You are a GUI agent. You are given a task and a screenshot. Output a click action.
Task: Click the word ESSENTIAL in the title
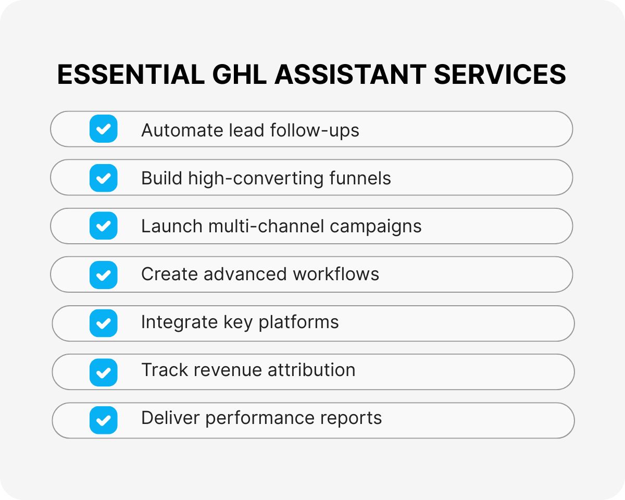(131, 74)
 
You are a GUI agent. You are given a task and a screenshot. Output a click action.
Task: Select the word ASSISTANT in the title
(349, 74)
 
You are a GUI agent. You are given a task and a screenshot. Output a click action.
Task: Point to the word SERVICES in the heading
(500, 74)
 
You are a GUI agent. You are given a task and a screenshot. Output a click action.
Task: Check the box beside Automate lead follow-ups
(103, 129)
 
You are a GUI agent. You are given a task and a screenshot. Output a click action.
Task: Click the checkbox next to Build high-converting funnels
(103, 178)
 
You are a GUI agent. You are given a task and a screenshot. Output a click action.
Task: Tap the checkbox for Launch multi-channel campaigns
(103, 226)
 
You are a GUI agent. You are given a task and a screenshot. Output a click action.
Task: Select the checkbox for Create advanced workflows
(103, 274)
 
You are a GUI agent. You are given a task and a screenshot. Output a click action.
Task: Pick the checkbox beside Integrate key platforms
(103, 323)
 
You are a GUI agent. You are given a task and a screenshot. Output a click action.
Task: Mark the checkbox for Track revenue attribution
(103, 371)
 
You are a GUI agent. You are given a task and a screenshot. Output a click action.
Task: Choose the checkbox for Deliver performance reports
(103, 420)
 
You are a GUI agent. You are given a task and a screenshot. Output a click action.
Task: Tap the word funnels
(360, 178)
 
